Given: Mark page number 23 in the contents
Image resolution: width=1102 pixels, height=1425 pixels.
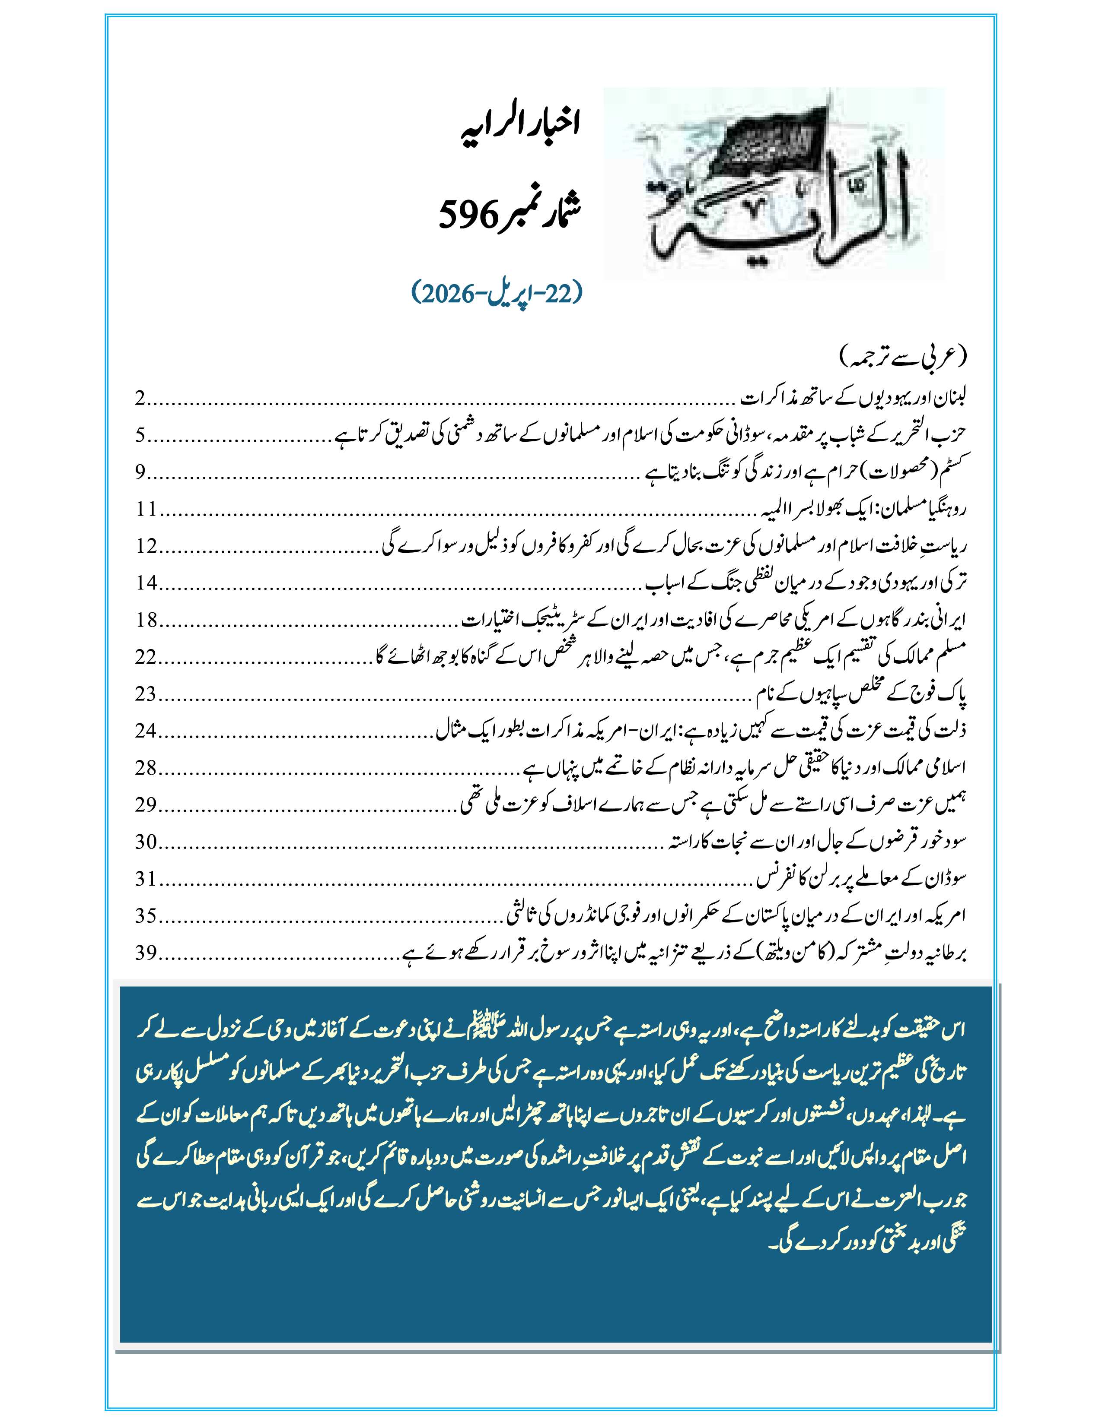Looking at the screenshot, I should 146,693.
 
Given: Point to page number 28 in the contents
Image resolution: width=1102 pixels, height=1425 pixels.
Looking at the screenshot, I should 146,768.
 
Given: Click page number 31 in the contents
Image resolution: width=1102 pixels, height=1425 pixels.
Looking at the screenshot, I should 146,879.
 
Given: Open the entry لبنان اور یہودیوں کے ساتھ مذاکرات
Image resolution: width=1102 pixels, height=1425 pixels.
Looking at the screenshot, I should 855,399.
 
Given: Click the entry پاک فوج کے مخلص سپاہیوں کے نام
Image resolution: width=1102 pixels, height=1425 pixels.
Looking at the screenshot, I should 862,693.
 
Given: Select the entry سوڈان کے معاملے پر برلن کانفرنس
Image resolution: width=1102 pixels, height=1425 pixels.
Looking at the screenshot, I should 862,879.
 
